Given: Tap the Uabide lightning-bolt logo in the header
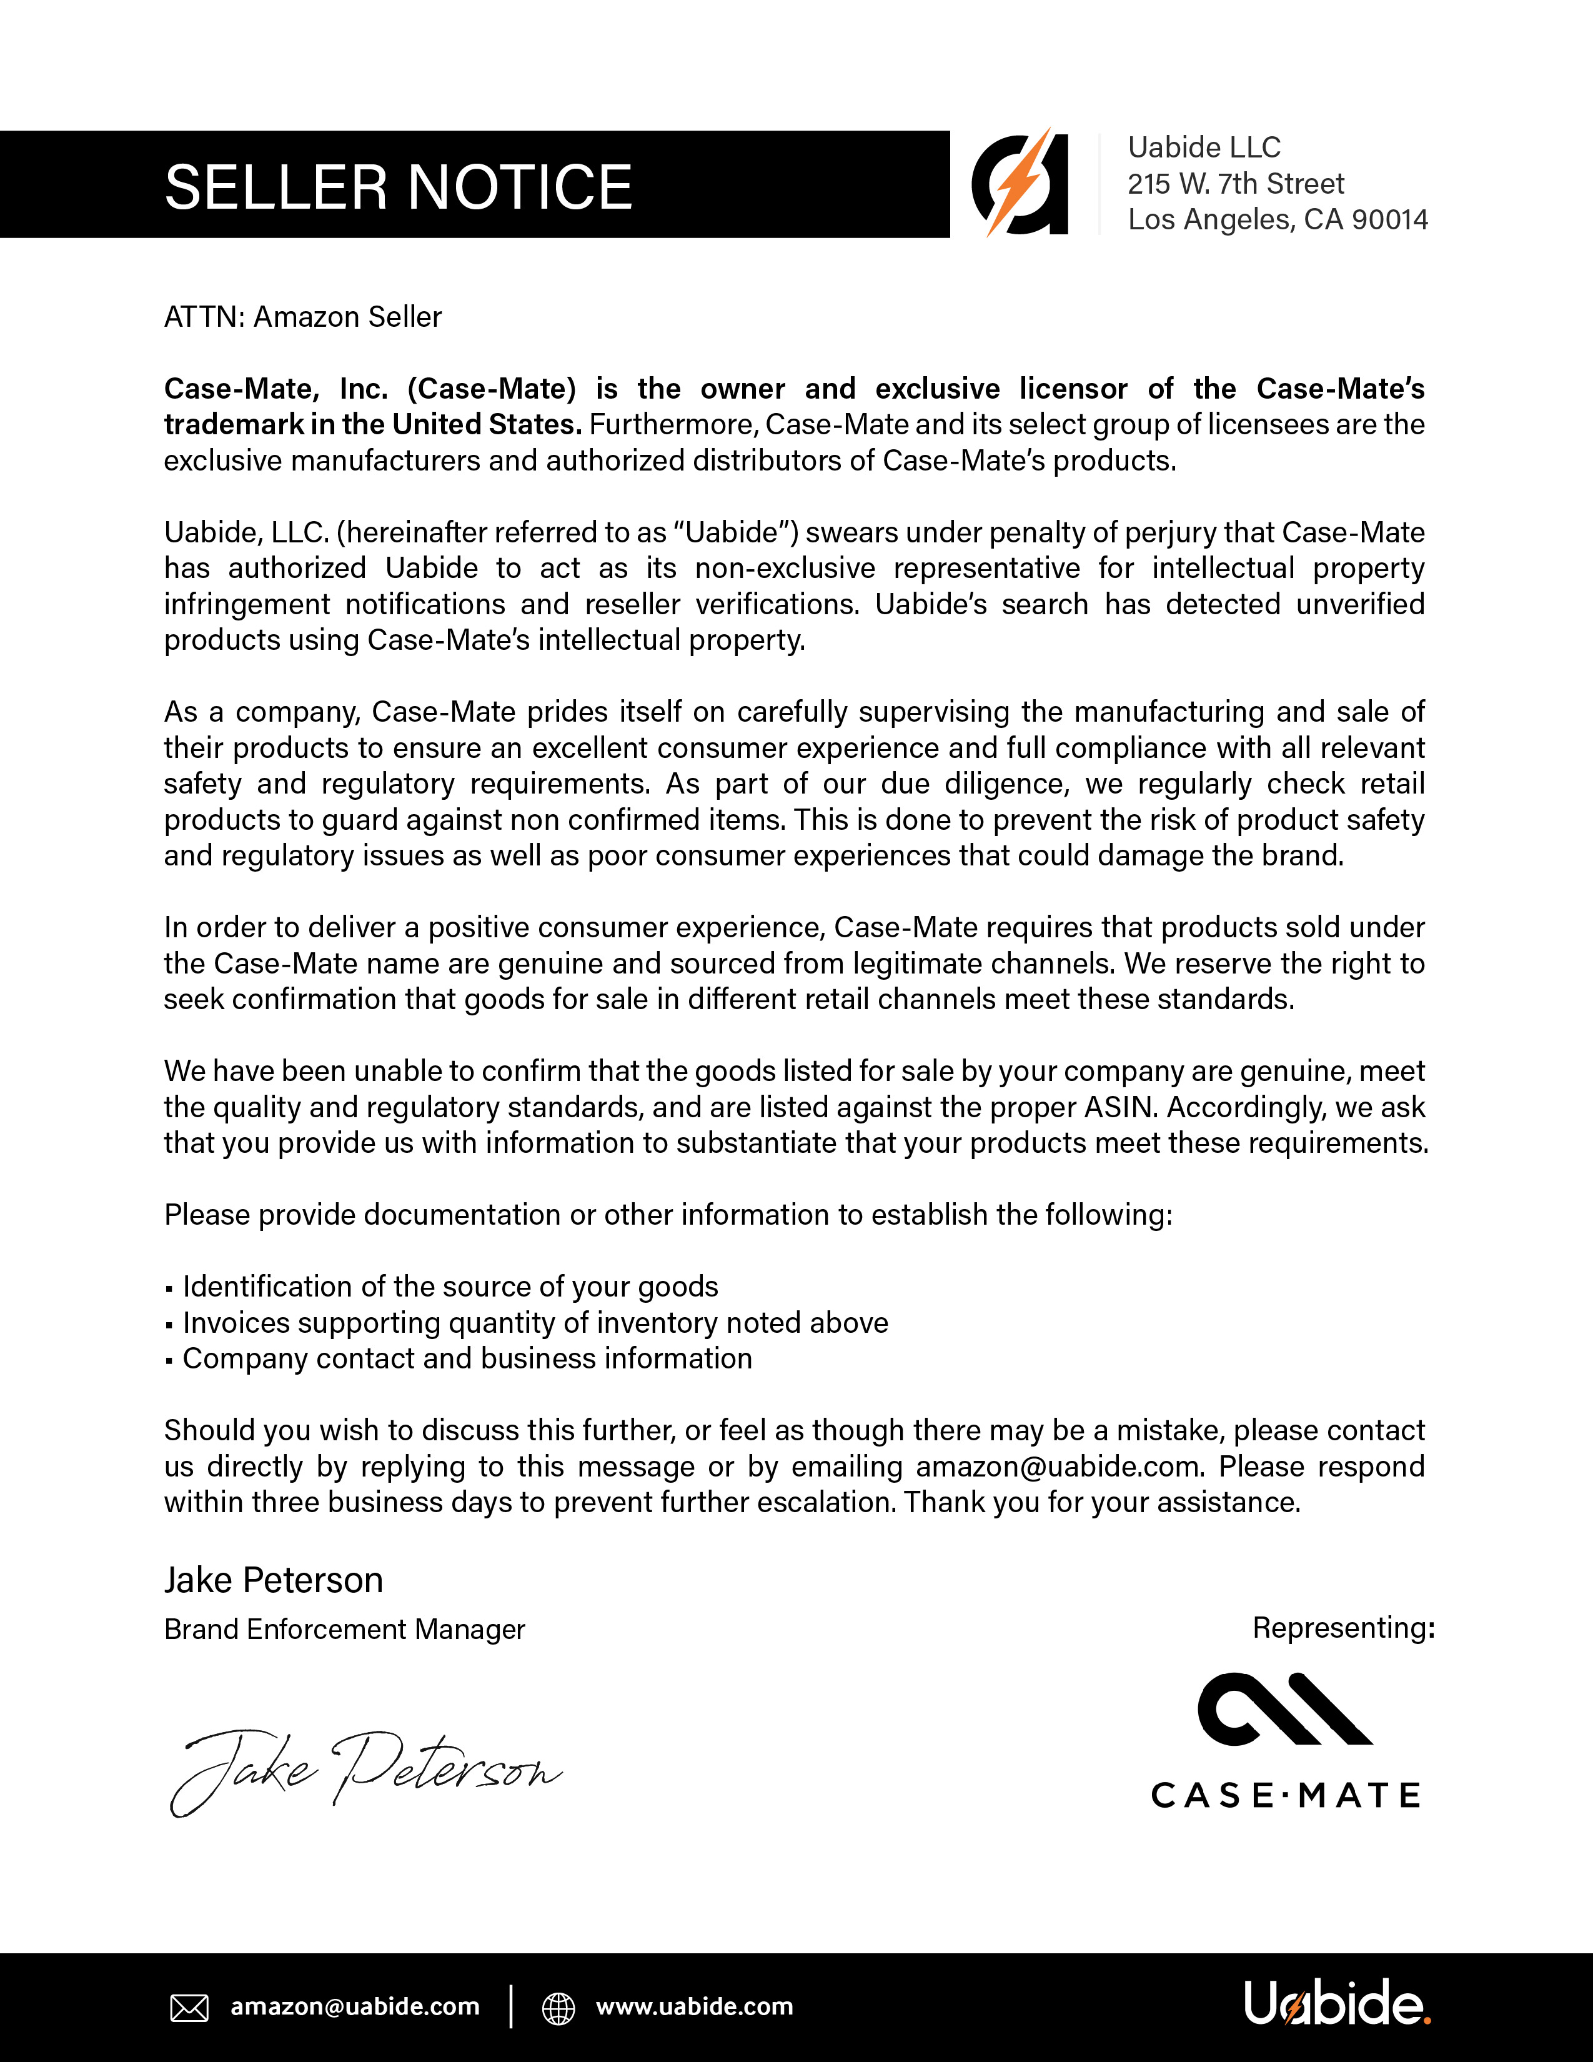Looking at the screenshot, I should pos(1020,183).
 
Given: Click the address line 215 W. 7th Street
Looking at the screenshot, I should pos(1235,184).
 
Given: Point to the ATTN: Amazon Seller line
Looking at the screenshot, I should pos(302,317).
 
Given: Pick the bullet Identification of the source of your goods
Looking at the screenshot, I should pos(450,1287).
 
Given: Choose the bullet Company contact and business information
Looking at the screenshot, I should pos(467,1358).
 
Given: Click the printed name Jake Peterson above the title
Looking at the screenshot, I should pos(274,1580).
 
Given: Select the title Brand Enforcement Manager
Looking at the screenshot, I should pos(344,1630).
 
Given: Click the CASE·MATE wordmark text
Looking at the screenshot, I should pos(1286,1795).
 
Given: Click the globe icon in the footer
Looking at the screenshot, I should pos(558,2008).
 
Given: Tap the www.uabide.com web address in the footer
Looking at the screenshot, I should pos(695,2006).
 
